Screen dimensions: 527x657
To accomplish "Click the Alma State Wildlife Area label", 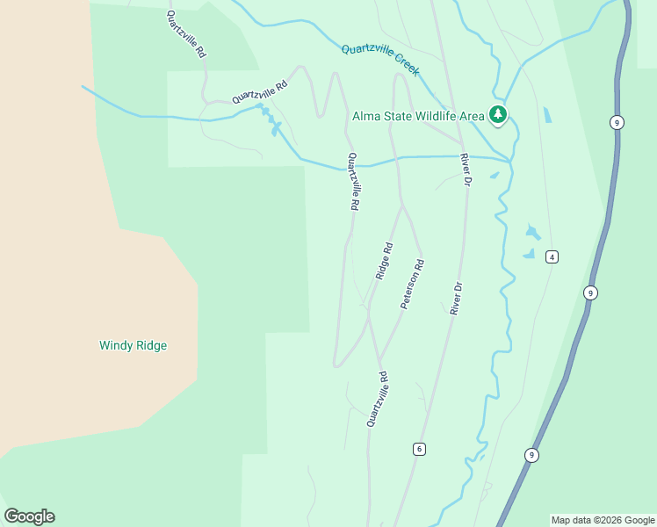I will pos(418,116).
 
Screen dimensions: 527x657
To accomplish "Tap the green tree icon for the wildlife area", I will pos(498,114).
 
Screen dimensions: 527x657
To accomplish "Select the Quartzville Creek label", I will pos(380,61).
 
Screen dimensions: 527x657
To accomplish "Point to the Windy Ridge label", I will pos(133,345).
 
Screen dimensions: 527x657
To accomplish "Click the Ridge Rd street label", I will pos(384,262).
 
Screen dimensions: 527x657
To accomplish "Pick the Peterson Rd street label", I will pos(413,283).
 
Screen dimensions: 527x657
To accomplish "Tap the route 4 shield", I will pos(552,256).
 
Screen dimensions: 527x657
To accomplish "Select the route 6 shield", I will pos(419,449).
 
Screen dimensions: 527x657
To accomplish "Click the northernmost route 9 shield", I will pos(617,123).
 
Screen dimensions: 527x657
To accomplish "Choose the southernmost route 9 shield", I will pos(531,454).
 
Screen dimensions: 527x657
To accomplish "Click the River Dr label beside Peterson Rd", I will pos(456,299).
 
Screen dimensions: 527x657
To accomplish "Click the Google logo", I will pos(29,516).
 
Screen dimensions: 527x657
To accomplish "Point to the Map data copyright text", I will pos(603,520).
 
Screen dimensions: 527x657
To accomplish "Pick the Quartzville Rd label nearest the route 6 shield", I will pos(377,399).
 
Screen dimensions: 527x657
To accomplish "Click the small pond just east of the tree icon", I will pos(548,115).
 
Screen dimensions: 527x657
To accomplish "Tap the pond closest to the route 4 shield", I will pos(529,254).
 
